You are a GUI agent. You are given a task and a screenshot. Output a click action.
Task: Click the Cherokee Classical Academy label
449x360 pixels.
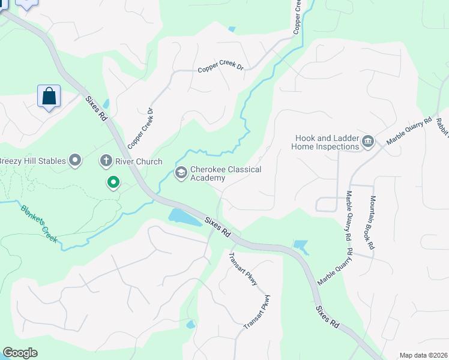click(x=226, y=173)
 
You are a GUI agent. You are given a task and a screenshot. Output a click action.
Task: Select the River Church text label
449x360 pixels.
click(x=139, y=161)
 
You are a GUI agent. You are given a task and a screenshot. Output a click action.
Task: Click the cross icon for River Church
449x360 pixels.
click(x=106, y=161)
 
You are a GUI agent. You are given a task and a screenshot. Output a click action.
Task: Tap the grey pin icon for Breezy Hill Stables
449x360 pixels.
click(x=75, y=160)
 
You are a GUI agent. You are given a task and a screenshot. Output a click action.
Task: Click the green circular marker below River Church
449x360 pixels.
click(x=112, y=182)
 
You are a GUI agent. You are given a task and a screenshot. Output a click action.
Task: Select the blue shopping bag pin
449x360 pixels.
click(x=49, y=97)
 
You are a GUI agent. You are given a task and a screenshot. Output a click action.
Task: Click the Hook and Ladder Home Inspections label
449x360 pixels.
click(x=325, y=142)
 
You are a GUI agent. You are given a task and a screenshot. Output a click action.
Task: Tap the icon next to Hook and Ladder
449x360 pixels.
click(x=369, y=142)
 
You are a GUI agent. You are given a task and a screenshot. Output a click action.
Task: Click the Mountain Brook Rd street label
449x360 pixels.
click(x=372, y=223)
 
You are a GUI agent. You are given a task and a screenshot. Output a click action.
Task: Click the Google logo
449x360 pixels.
click(x=20, y=353)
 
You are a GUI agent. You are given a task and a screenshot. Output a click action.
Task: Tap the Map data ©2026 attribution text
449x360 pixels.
click(x=423, y=355)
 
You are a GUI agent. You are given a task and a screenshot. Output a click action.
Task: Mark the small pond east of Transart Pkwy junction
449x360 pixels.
click(x=300, y=246)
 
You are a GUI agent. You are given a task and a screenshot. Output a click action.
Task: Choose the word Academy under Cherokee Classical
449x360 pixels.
click(x=208, y=178)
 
